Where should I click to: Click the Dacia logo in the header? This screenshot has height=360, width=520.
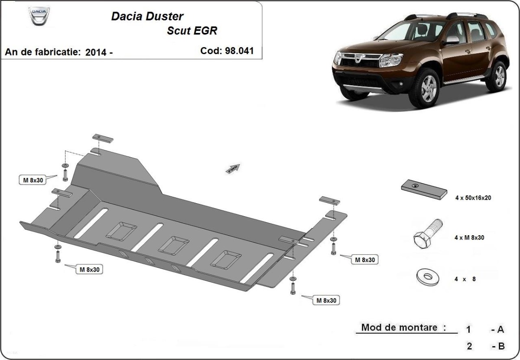39,18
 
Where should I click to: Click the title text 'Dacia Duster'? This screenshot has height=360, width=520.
147,16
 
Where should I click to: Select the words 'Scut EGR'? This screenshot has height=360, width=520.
192,31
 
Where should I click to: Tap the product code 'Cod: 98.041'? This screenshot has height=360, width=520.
227,51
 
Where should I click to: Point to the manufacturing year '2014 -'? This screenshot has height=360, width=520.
99,52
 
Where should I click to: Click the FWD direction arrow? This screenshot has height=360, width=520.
233,169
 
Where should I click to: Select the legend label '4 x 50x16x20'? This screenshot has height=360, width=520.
472,198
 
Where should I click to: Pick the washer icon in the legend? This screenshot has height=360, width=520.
427,276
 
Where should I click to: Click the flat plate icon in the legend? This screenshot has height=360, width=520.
423,189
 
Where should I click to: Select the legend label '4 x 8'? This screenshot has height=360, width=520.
465,279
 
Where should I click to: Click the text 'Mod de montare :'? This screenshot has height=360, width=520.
403,328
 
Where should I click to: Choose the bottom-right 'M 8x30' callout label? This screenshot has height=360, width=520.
325,300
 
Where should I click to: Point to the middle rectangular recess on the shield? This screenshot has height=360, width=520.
173,244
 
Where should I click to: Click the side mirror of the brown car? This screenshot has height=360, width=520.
452,40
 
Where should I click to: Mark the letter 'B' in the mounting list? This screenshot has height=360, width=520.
501,346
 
